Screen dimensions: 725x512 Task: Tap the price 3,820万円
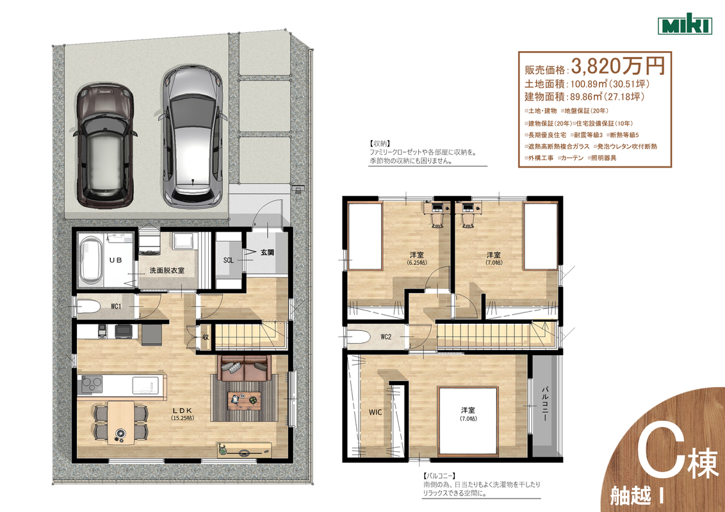pyautogui.click(x=618, y=66)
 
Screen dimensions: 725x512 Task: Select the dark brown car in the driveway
pyautogui.click(x=106, y=145)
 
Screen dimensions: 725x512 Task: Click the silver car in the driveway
pyautogui.click(x=192, y=136)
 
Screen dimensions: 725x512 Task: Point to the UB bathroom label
pyautogui.click(x=115, y=260)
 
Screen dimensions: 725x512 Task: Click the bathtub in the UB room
pyautogui.click(x=91, y=261)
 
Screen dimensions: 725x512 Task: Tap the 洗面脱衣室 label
pyautogui.click(x=167, y=270)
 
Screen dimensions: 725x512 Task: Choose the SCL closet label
pyautogui.click(x=229, y=260)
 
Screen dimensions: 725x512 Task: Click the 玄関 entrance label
pyautogui.click(x=267, y=252)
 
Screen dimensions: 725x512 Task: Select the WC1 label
pyautogui.click(x=116, y=307)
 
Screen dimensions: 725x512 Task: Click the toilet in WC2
pyautogui.click(x=359, y=337)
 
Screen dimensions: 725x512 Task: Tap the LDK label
pyautogui.click(x=182, y=410)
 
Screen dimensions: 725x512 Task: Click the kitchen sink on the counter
pyautogui.click(x=145, y=385)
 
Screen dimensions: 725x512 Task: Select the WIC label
pyautogui.click(x=375, y=412)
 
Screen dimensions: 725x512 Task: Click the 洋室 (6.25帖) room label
pyautogui.click(x=416, y=258)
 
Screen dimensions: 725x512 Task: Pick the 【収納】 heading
pyautogui.click(x=380, y=144)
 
